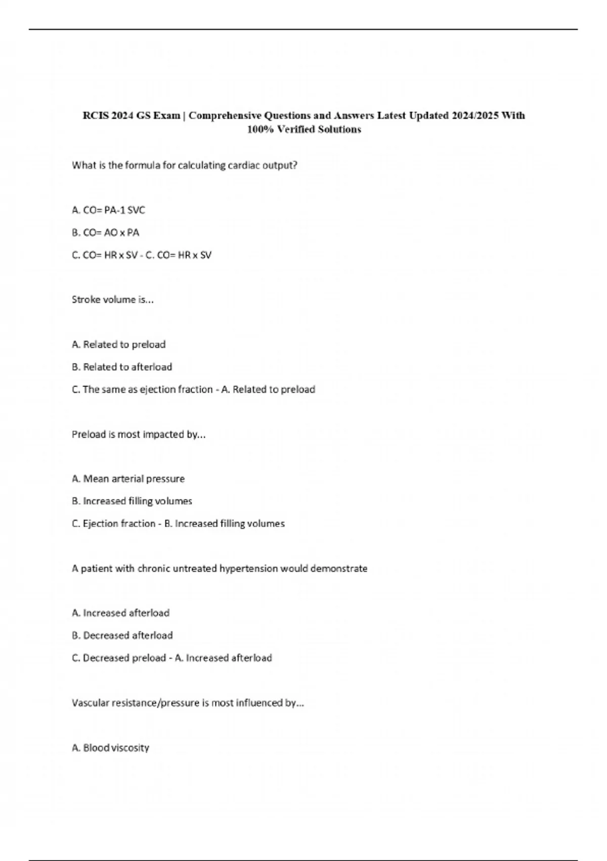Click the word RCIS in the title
pyautogui.click(x=95, y=115)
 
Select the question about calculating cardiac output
pyautogui.click(x=185, y=165)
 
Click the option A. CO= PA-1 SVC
pyautogui.click(x=109, y=210)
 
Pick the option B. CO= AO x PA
pyautogui.click(x=106, y=232)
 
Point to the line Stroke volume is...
pyautogui.click(x=113, y=299)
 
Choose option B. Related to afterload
pyautogui.click(x=122, y=367)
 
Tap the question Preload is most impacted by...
pyautogui.click(x=139, y=434)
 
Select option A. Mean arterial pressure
pyautogui.click(x=128, y=479)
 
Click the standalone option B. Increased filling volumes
pyautogui.click(x=132, y=501)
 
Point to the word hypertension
pyautogui.click(x=248, y=568)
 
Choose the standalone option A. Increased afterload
pyautogui.click(x=121, y=613)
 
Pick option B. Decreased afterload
pyautogui.click(x=122, y=635)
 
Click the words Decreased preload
pyautogui.click(x=124, y=658)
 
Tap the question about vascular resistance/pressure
pyautogui.click(x=188, y=702)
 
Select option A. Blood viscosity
pyautogui.click(x=111, y=748)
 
